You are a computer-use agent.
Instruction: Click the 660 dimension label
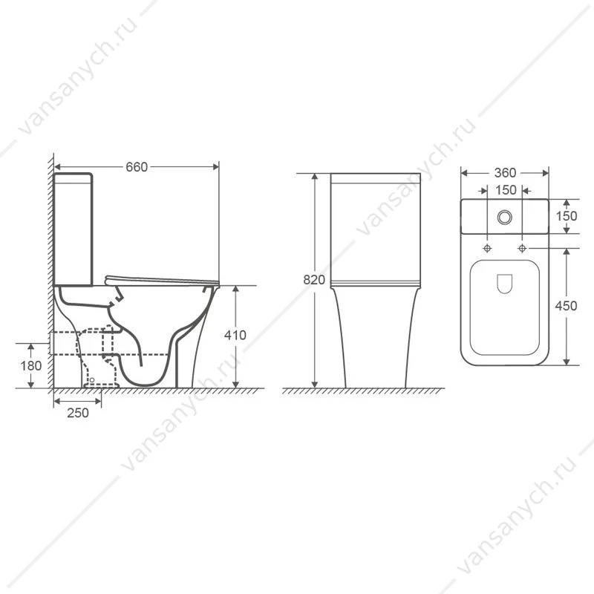[137, 167]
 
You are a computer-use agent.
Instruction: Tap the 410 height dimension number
[235, 335]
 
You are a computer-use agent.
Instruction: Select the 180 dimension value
[31, 365]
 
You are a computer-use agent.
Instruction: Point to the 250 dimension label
[78, 413]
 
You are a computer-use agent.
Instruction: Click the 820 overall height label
[314, 280]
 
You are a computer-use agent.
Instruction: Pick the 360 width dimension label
[505, 173]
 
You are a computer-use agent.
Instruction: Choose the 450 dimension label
[566, 306]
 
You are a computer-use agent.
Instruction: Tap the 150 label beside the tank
[567, 216]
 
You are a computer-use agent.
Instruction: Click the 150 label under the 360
[506, 190]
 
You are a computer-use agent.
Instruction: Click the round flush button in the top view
[505, 217]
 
